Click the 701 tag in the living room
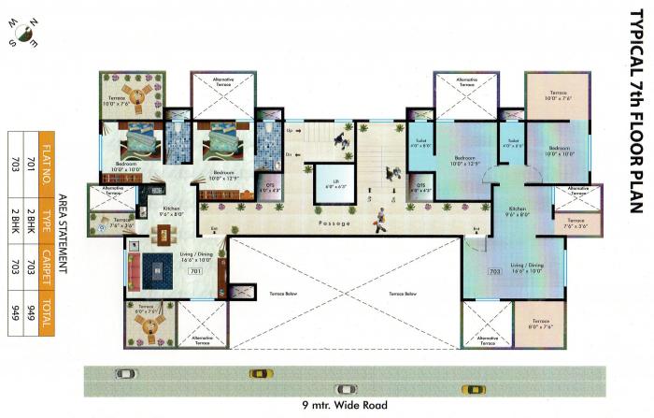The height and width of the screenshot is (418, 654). point(195,271)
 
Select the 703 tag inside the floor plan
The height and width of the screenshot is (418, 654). point(494,272)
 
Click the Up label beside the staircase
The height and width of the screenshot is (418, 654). point(290,131)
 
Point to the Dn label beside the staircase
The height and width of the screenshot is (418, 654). point(290,153)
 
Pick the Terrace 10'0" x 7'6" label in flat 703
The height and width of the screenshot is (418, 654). point(557,96)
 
